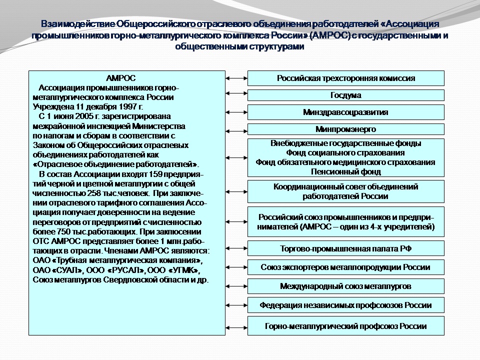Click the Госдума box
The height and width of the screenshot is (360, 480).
pyautogui.click(x=346, y=95)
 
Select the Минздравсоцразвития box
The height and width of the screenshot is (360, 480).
pyautogui.click(x=346, y=112)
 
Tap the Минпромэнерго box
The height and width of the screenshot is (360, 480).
pyautogui.click(x=346, y=129)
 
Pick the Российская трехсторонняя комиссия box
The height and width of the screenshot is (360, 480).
pyautogui.click(x=346, y=78)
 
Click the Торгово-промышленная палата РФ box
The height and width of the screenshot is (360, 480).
pyautogui.click(x=346, y=248)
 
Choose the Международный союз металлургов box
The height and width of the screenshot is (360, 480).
pyautogui.click(x=346, y=286)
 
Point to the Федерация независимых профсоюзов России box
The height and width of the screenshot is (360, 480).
pyautogui.click(x=346, y=305)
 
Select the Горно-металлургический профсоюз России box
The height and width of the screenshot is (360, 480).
pyautogui.click(x=346, y=326)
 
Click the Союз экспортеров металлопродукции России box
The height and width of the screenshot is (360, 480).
pyautogui.click(x=346, y=267)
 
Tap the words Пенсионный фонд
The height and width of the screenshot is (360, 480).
pyautogui.click(x=346, y=171)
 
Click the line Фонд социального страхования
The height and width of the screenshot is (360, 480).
pyautogui.click(x=346, y=153)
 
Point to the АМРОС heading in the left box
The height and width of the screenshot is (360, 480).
pyautogui.click(x=121, y=78)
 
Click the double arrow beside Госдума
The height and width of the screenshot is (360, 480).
pyautogui.click(x=236, y=95)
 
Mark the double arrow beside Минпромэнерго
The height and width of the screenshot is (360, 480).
pyautogui.click(x=236, y=129)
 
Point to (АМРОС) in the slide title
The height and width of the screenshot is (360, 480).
pyautogui.click(x=329, y=36)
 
